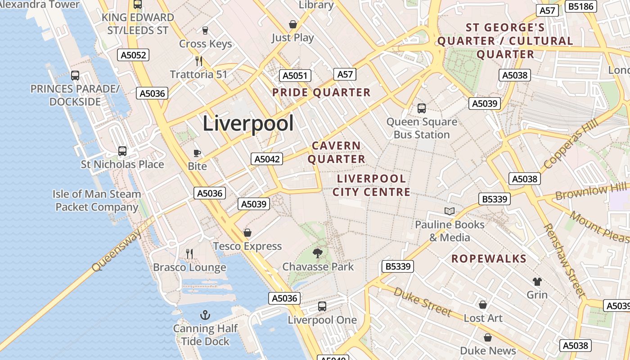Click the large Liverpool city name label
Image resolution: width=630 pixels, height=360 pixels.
tap(248, 123)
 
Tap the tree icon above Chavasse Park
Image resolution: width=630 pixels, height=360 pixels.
tap(318, 253)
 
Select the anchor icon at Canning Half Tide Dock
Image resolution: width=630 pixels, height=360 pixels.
tap(205, 315)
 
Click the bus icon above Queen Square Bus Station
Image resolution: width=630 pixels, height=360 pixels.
tap(422, 108)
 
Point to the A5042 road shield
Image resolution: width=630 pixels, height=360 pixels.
tap(267, 159)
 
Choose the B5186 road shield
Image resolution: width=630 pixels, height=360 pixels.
tap(582, 6)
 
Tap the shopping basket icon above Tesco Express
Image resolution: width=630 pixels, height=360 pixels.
tap(247, 233)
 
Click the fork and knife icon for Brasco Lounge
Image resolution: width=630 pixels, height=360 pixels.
tap(189, 254)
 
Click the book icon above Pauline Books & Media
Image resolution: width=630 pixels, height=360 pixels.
tap(449, 211)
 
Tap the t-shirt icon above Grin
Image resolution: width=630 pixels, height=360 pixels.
tap(537, 282)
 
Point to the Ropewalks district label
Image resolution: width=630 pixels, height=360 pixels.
tap(489, 258)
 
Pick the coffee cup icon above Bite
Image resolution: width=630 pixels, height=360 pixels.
tap(197, 153)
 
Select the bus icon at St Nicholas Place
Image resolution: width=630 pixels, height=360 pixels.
tap(122, 151)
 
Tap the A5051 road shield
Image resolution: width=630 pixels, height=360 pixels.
tap(295, 76)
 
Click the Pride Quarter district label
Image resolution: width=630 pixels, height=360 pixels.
tap(321, 93)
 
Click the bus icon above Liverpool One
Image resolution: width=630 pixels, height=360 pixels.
tap(322, 306)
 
